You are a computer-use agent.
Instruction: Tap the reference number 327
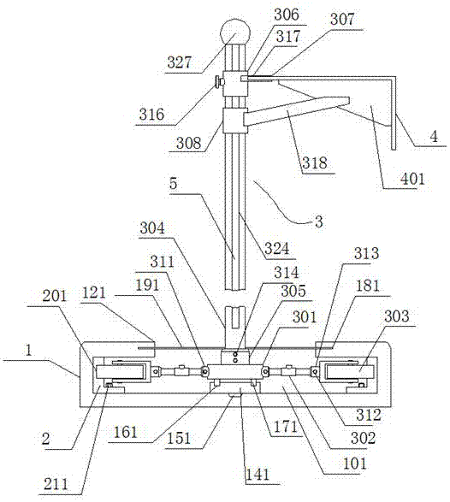pos(180,62)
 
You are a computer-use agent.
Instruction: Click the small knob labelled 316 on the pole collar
pos(219,83)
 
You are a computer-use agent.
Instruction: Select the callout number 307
pos(342,19)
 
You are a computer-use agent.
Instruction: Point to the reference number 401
pos(412,179)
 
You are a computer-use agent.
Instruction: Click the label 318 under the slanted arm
pos(315,163)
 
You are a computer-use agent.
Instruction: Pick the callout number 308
pos(189,143)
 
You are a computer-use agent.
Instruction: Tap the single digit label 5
pos(173,184)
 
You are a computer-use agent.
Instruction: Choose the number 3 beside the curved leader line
pos(319,221)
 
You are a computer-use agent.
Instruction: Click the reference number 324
pos(276,249)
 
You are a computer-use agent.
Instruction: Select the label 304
pos(152,228)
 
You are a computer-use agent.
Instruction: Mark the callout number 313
pos(366,253)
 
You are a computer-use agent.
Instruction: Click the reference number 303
pos(397,316)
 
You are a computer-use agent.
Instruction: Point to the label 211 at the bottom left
pos(56,484)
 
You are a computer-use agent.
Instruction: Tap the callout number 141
pos(258,474)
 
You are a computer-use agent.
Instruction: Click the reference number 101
pos(354,464)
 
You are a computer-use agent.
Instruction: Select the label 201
pos(55,296)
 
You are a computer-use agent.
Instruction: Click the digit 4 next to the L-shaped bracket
pos(434,137)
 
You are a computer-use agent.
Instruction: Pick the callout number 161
pos(126,433)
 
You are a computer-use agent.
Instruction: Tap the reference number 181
pos(368,286)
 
